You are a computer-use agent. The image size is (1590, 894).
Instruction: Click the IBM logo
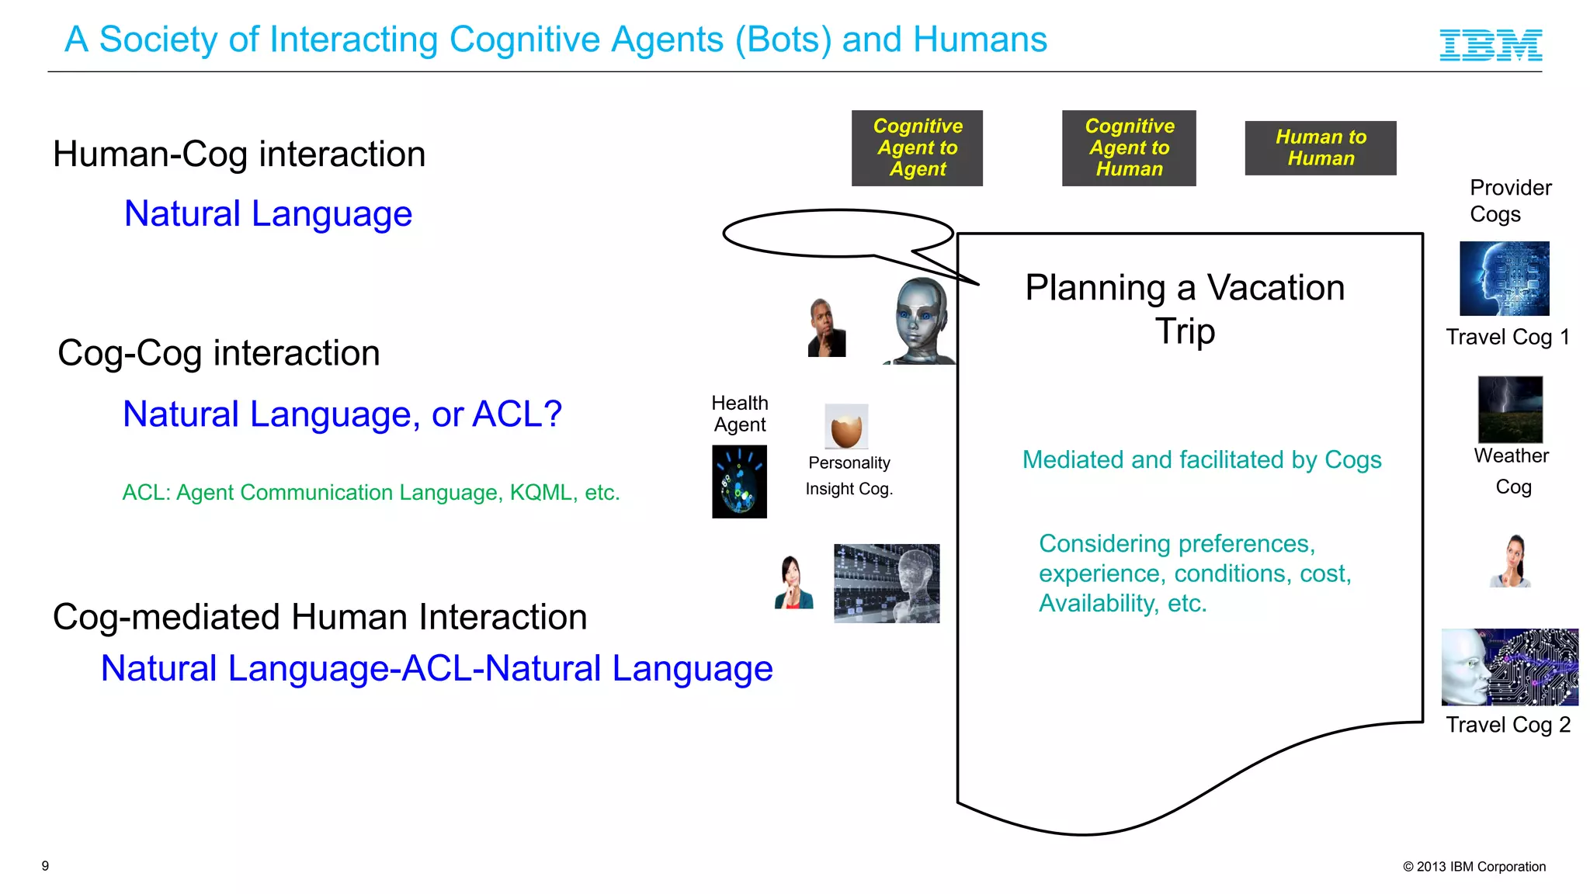[1491, 45]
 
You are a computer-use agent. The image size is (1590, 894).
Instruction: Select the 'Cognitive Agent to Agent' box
[917, 147]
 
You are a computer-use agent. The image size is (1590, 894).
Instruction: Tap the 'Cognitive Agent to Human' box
[1129, 147]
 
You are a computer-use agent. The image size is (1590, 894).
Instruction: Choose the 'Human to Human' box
[1320, 147]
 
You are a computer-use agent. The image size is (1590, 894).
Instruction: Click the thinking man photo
[826, 328]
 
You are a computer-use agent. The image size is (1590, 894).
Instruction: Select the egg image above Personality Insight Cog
[846, 426]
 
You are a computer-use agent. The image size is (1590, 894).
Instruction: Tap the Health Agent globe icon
[739, 481]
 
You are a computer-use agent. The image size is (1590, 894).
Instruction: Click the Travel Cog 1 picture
[1504, 278]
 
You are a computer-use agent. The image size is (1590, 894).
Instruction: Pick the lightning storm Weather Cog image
[1510, 409]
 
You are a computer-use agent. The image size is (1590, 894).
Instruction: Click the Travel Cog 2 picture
[1509, 667]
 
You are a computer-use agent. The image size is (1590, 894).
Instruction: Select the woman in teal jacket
[793, 583]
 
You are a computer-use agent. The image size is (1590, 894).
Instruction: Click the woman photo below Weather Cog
[1512, 561]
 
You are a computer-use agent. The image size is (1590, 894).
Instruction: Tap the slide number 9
[45, 865]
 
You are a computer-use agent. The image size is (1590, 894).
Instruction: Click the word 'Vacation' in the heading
[1275, 288]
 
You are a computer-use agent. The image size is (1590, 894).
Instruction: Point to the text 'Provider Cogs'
[1509, 201]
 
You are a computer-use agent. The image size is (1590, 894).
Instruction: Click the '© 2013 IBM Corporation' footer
[1474, 867]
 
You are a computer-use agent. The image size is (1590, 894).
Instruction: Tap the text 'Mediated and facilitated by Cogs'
[1201, 459]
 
